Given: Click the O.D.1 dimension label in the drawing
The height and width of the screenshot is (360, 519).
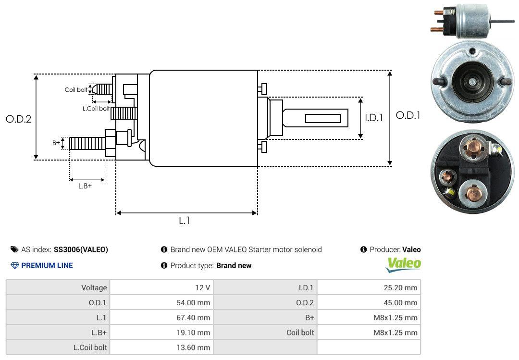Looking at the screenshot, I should (x=408, y=115).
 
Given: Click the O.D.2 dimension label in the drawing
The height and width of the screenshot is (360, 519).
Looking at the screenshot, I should (x=18, y=119).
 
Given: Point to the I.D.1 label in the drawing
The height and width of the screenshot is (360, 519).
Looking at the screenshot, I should (x=373, y=117).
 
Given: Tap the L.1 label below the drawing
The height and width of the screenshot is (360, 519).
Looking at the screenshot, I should (x=185, y=221).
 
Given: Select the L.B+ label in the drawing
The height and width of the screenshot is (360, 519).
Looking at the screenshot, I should (x=85, y=186).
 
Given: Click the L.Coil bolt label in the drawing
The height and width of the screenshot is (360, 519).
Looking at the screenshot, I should (x=96, y=109).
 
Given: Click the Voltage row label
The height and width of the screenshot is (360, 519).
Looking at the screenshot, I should (x=94, y=288).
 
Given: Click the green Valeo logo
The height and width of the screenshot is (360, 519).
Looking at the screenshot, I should (x=404, y=264).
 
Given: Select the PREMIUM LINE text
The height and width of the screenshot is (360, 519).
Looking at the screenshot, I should (x=47, y=265).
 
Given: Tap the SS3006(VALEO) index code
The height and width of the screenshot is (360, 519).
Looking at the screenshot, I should (x=81, y=249).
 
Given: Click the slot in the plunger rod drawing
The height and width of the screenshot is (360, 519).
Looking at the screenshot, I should (x=323, y=118).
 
